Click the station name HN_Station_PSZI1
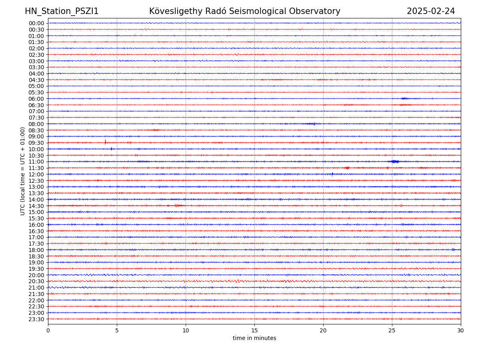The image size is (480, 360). coord(62,12)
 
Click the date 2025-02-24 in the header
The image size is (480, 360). coord(431,12)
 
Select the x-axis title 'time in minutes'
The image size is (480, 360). coord(254,338)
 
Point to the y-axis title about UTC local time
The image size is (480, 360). coord(23,171)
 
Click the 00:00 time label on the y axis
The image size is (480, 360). coord(36,23)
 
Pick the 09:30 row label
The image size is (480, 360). coord(36,143)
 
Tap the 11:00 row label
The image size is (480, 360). coord(36,162)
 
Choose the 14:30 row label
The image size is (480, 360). coord(36,206)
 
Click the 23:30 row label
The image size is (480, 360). coord(36,319)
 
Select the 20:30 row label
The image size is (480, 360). coord(36,282)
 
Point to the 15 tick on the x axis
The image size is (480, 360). coord(254,331)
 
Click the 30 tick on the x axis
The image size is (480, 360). coord(461,331)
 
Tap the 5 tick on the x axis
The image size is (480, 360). coord(117,331)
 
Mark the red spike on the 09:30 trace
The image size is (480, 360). coord(105,142)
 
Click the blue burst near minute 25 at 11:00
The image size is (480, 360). coord(394,162)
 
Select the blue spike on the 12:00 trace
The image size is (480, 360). coord(332,174)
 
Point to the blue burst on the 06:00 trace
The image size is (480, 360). coord(405,98)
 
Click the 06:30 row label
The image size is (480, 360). coord(36,105)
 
